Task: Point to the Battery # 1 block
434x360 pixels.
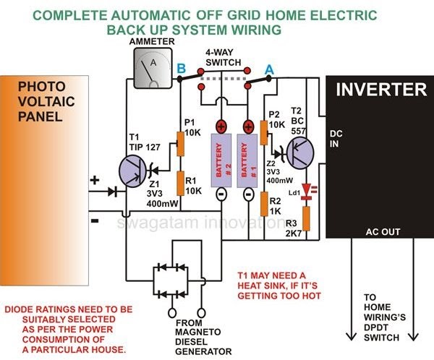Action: [x=247, y=161]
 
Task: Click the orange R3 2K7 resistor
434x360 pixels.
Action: [x=307, y=218]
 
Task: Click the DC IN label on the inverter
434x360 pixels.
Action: [x=337, y=138]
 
